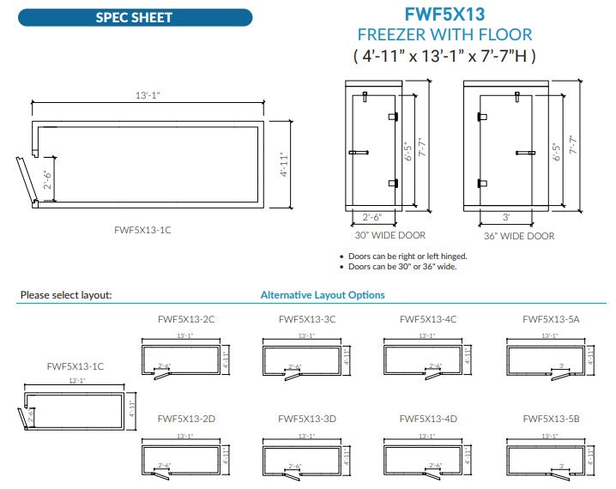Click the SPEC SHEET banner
click(135, 17)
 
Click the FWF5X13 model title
click(444, 14)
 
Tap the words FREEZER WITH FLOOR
click(444, 35)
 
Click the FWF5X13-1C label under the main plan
click(143, 229)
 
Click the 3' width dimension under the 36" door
click(507, 219)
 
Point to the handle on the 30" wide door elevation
click(358, 153)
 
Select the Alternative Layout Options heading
click(323, 295)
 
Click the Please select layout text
click(65, 295)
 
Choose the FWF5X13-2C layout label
click(185, 319)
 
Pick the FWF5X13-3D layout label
click(306, 419)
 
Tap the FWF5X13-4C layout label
click(428, 319)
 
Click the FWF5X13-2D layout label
click(185, 419)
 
